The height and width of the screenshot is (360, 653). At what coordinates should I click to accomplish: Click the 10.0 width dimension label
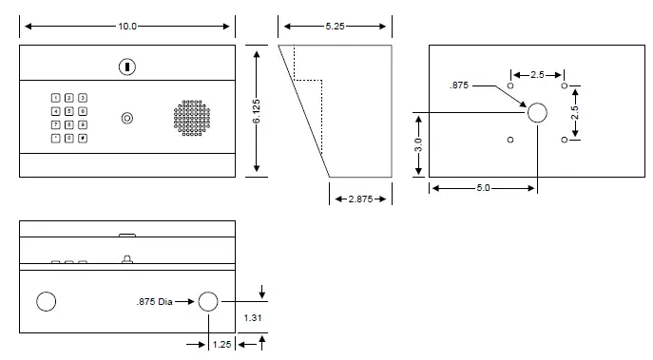[127, 26]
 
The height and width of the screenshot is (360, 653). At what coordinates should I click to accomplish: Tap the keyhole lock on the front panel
[126, 66]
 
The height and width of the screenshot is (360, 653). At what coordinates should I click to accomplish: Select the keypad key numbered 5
[69, 111]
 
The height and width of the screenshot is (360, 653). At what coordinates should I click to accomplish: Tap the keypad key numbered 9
[83, 124]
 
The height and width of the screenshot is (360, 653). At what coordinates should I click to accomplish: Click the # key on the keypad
[83, 138]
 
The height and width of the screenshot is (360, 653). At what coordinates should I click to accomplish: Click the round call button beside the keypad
[127, 118]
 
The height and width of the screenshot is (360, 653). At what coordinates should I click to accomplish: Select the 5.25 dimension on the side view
[334, 26]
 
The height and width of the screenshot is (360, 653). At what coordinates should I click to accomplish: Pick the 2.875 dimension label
[361, 199]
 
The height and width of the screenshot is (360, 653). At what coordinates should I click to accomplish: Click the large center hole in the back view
[537, 112]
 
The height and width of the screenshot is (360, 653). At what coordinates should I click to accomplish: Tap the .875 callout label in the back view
[460, 85]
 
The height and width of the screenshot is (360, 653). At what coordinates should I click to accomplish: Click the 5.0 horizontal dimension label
[482, 188]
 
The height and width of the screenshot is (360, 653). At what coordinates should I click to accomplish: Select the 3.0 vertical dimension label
[418, 144]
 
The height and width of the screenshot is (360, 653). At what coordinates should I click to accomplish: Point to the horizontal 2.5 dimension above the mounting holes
[537, 73]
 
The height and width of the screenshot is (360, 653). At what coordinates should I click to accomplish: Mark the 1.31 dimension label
[252, 316]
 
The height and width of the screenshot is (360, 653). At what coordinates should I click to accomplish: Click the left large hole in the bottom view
[46, 302]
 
